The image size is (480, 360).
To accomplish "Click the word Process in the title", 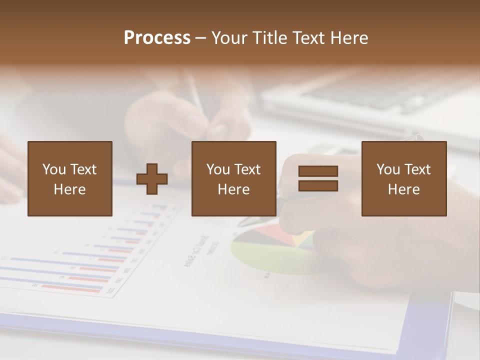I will click(157, 38).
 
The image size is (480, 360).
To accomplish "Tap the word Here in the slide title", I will click(348, 38).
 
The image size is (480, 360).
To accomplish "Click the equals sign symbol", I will click(318, 178).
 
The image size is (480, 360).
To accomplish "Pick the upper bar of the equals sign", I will click(318, 171).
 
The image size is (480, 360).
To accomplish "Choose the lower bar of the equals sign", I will click(318, 185).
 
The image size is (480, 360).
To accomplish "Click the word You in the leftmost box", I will click(54, 169).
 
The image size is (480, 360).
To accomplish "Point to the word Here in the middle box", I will click(234, 189).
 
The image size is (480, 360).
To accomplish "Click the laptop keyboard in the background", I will click(370, 95).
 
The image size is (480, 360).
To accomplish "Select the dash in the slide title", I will click(200, 38).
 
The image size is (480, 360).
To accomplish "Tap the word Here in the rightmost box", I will click(404, 189).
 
